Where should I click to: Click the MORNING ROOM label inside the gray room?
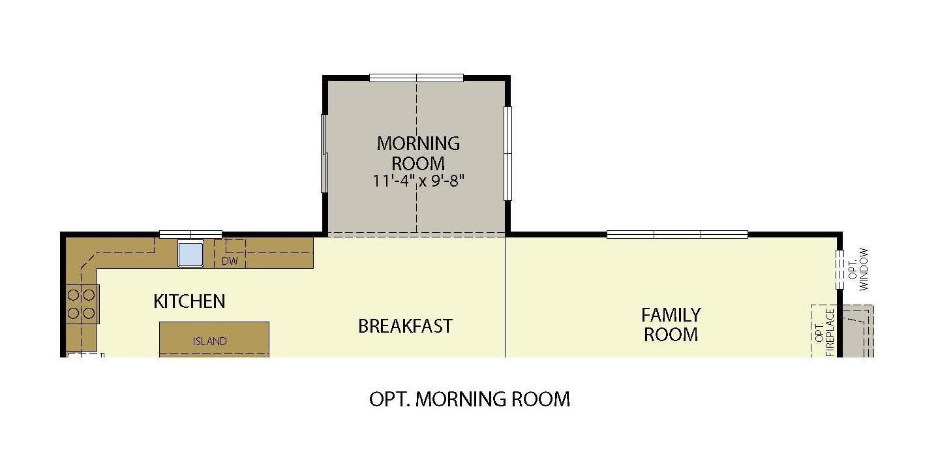pos(418,153)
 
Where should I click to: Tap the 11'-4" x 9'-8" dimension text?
pos(418,180)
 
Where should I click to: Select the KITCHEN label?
pos(189,301)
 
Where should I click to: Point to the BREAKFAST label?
pos(405,326)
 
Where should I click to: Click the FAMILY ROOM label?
pos(671,325)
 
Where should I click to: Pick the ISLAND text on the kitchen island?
pos(209,341)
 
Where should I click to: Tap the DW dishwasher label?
pos(229,261)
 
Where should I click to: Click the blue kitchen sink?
pos(191,254)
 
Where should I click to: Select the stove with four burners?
pos(82,304)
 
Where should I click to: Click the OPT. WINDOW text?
pos(858,269)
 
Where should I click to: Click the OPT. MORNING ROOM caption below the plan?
pos(469,399)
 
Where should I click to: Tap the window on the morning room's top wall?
pos(416,78)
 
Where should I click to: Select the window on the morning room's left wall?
pos(324,153)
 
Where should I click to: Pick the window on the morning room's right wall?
pos(508,153)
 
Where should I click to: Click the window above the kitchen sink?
pos(191,234)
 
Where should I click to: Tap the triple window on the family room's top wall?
pos(677,234)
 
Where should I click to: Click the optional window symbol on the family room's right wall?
pos(840,270)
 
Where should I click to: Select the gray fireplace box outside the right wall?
pos(857,331)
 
